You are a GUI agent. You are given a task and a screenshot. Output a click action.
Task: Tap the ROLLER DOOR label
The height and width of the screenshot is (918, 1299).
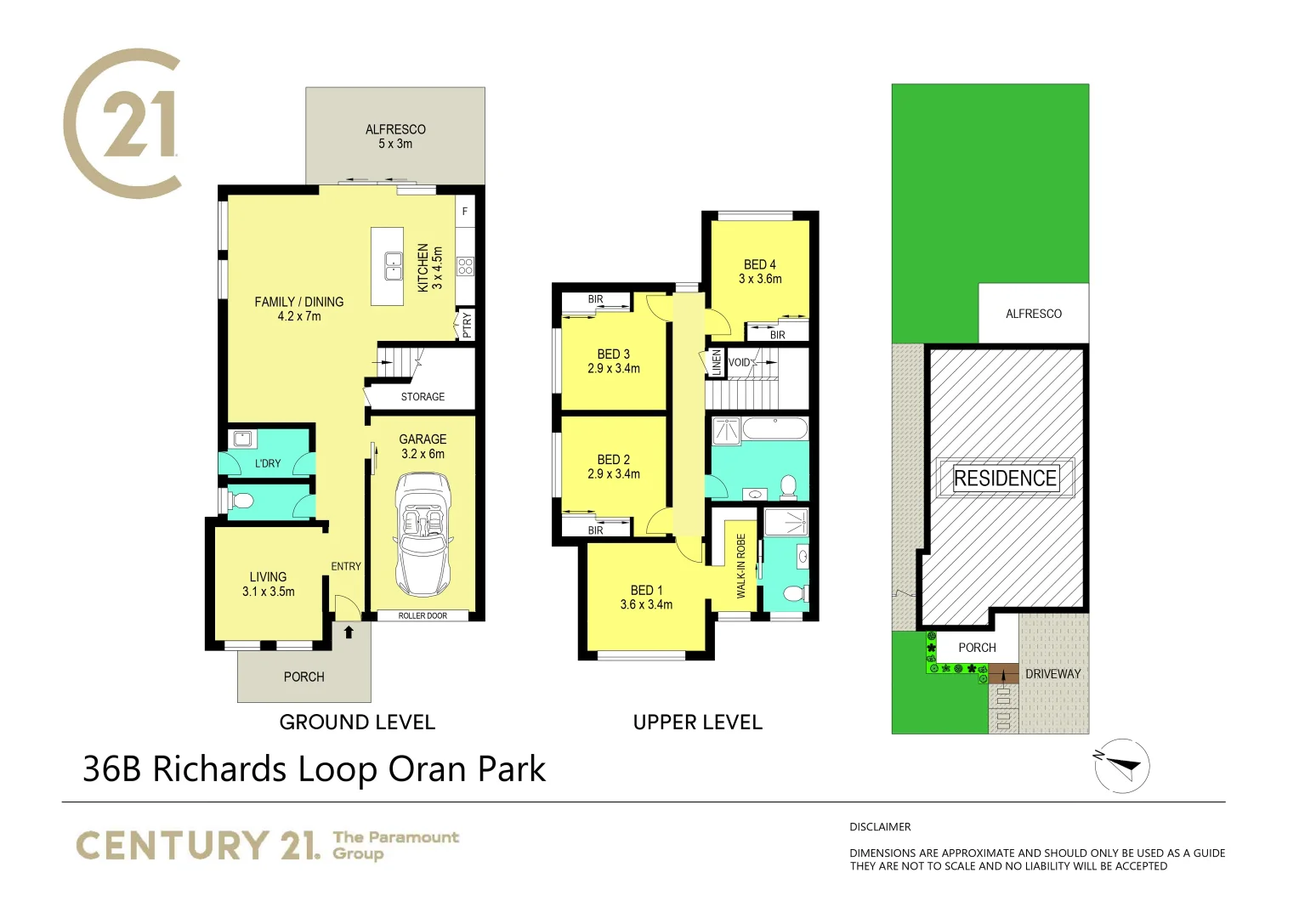point(423,615)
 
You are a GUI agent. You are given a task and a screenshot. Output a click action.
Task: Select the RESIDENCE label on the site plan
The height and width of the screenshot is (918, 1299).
point(1005,479)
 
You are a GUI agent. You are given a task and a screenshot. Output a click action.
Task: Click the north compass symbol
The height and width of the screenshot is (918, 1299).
point(1121,765)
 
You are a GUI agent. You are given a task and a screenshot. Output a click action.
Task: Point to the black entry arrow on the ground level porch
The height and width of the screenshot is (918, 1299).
point(349,632)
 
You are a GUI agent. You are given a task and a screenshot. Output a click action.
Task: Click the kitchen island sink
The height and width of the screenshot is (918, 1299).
point(393,266)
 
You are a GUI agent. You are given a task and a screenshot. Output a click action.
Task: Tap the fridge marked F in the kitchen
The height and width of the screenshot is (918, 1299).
point(465,212)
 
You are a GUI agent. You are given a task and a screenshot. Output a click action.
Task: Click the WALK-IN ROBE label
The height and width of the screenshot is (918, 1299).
point(740,566)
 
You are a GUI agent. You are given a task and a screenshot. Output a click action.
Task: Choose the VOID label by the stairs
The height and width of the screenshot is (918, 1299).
point(740,362)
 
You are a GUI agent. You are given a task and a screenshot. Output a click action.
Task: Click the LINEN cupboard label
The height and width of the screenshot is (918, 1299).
point(717,363)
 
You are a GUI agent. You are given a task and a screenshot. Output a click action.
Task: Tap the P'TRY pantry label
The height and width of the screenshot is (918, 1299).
point(466,326)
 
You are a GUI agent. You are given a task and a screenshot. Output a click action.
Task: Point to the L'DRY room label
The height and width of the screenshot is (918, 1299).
point(268,463)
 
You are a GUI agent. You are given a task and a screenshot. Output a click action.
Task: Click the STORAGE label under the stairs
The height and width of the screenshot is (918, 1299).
point(423,397)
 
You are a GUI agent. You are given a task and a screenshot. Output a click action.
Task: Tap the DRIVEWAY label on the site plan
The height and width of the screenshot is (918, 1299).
point(1052,674)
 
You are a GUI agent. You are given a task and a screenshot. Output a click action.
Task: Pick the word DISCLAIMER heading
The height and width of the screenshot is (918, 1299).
point(880,827)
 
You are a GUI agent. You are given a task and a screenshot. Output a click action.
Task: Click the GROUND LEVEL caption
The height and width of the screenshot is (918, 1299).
point(357,722)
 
